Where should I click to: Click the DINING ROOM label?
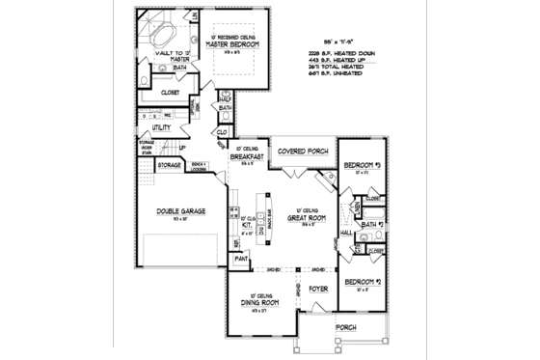[x=256, y=302]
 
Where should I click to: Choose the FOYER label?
[x=319, y=287]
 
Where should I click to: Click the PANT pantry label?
[x=241, y=258]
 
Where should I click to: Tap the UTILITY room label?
[x=161, y=127]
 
